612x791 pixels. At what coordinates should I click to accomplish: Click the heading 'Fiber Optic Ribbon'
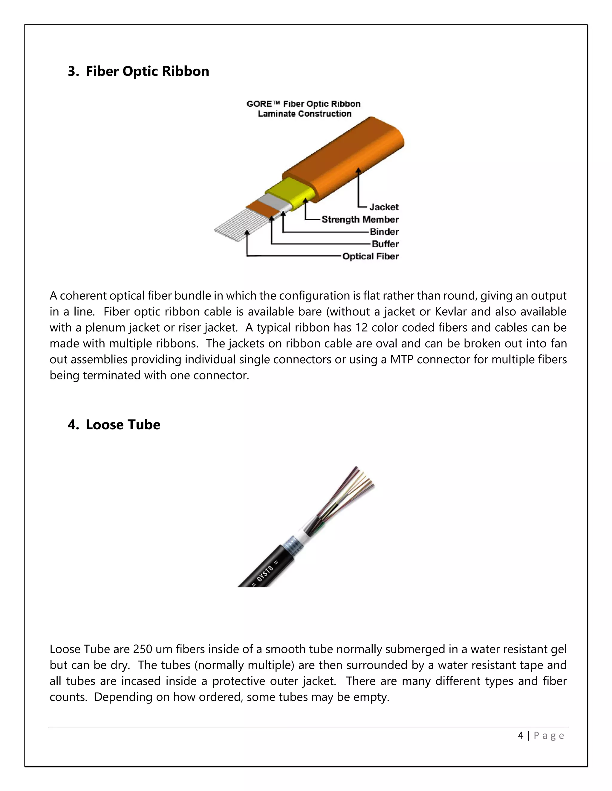(147, 71)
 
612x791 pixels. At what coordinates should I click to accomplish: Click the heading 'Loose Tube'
(123, 424)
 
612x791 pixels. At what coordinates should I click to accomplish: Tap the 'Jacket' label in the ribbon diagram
(384, 207)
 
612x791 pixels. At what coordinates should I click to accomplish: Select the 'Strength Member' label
(360, 219)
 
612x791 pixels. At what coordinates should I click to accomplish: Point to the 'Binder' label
(384, 232)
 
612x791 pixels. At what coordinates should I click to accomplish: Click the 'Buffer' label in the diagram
(385, 244)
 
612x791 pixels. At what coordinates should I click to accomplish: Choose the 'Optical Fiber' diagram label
(370, 256)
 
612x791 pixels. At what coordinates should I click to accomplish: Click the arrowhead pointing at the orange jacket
(358, 170)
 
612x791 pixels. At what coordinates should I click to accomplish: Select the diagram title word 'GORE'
(259, 104)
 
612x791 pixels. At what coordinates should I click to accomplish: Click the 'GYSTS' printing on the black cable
(265, 574)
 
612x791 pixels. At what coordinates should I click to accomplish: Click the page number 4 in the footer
(521, 735)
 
